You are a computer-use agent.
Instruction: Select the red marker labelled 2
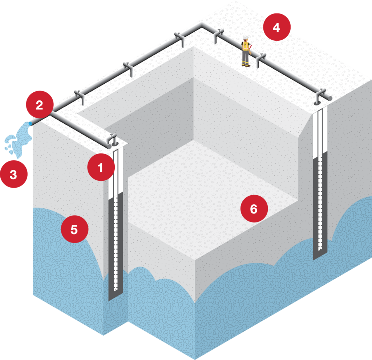point(39,105)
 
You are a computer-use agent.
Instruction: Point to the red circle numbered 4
point(277,28)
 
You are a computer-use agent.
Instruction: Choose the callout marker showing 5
point(74,229)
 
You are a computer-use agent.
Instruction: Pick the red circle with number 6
point(254,209)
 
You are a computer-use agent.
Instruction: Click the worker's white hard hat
point(246,37)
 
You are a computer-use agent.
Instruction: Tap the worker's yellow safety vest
point(246,47)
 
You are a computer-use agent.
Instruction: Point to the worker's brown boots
point(246,65)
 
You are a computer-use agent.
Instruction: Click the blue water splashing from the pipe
point(18,138)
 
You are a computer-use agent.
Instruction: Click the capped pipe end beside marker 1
point(109,145)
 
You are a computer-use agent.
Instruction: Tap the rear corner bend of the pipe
point(202,26)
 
